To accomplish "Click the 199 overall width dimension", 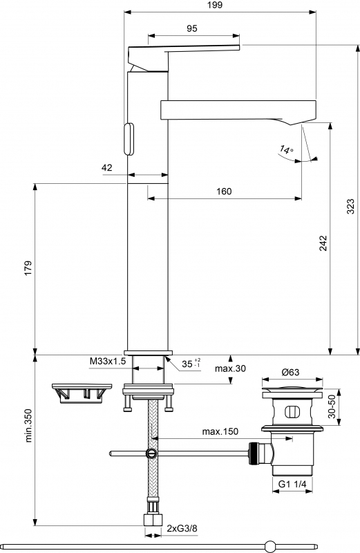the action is (x=215, y=5).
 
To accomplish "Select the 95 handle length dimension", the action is (x=192, y=28).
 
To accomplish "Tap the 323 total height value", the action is (x=350, y=206).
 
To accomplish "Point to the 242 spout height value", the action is (x=323, y=243).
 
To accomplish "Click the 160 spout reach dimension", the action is (x=224, y=191).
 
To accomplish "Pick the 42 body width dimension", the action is (x=107, y=167).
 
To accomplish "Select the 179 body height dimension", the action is (x=28, y=268).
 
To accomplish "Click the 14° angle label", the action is (x=286, y=149).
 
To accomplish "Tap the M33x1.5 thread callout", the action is (x=108, y=362).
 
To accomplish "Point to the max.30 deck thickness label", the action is (x=230, y=368).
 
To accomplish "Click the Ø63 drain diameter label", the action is (x=290, y=372).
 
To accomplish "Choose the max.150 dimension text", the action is (x=220, y=431).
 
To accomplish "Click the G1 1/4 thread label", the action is (x=292, y=485).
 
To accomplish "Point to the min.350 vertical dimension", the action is (x=28, y=425).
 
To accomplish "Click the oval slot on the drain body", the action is (x=292, y=411).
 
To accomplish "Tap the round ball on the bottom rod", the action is (x=271, y=546).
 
